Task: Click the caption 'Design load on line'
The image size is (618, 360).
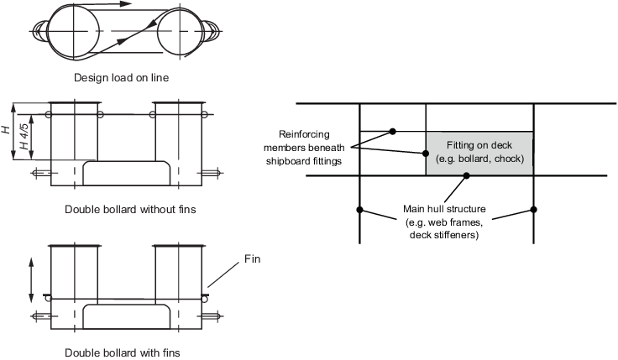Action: tap(122, 77)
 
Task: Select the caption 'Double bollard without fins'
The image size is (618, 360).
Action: tap(130, 209)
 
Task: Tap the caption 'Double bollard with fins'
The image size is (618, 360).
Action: tap(123, 352)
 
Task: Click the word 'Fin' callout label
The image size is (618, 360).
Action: tap(252, 258)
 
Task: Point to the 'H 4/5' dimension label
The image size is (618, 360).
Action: tap(24, 136)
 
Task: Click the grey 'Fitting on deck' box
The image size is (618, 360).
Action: tap(479, 154)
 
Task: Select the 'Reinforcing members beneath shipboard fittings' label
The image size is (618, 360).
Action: tap(304, 148)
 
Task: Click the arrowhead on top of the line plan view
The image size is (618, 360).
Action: tap(125, 4)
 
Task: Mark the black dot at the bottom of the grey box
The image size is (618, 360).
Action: tap(466, 175)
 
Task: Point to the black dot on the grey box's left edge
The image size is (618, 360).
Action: tap(426, 154)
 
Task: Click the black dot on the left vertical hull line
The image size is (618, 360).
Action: tap(359, 210)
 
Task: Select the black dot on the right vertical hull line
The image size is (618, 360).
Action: tap(533, 210)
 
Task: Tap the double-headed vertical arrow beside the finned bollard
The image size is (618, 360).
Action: tap(31, 280)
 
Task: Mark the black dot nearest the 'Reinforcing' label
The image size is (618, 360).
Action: tap(393, 131)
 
